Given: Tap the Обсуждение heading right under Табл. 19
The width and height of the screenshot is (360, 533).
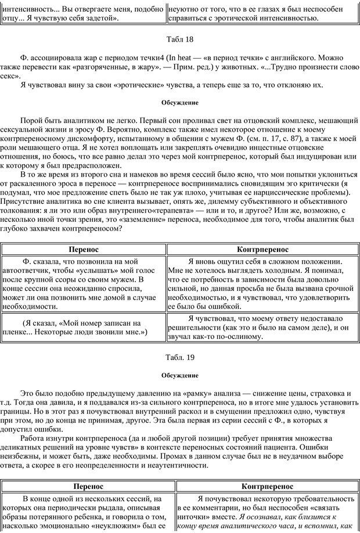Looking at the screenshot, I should coord(180,374).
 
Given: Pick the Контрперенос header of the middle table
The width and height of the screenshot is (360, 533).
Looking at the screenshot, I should coord(263,249).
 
